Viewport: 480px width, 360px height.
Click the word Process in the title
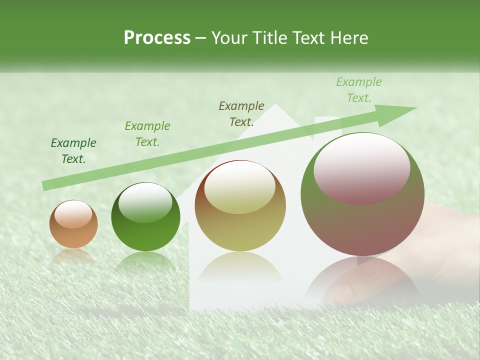click(x=157, y=38)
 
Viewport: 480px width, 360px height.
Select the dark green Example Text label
click(x=73, y=151)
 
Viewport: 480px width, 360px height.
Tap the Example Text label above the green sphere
click(x=147, y=134)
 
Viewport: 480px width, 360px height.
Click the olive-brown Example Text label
click(x=241, y=114)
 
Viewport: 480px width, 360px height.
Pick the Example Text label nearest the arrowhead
click(x=359, y=90)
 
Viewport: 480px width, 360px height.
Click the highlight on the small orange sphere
click(x=73, y=214)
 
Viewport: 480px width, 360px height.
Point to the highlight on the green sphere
click(x=145, y=203)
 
